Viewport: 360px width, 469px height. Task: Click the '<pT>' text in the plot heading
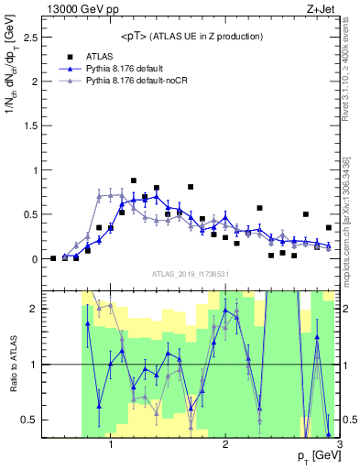click(x=137, y=36)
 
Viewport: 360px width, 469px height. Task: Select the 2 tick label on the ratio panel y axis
click(x=34, y=309)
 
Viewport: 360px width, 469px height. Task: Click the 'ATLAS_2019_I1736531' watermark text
click(x=191, y=274)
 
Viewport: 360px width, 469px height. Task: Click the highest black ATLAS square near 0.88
click(x=134, y=180)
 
